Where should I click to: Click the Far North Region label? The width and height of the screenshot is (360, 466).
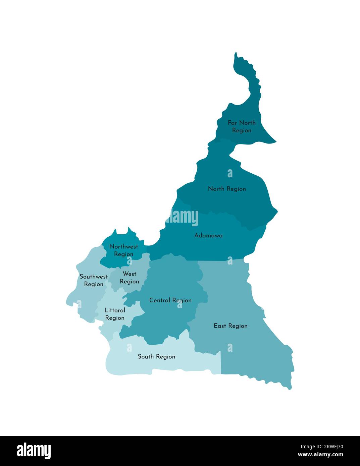point(242,126)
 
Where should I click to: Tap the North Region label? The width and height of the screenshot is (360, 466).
point(227,189)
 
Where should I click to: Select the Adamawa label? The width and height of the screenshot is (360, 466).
point(208,235)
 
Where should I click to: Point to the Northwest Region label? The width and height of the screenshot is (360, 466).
point(123,250)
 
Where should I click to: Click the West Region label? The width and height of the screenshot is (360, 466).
point(130,278)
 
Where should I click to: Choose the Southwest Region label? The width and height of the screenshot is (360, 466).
point(94,280)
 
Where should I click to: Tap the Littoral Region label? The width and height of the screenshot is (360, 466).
point(115,314)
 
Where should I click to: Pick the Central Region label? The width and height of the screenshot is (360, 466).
point(170,300)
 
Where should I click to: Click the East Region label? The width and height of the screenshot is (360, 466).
point(230,326)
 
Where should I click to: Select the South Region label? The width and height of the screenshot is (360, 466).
point(156,356)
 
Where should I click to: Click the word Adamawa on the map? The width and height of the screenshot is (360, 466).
point(208,235)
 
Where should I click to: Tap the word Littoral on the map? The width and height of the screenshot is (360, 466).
point(115,310)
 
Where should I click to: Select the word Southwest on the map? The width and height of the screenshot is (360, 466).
point(94,277)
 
